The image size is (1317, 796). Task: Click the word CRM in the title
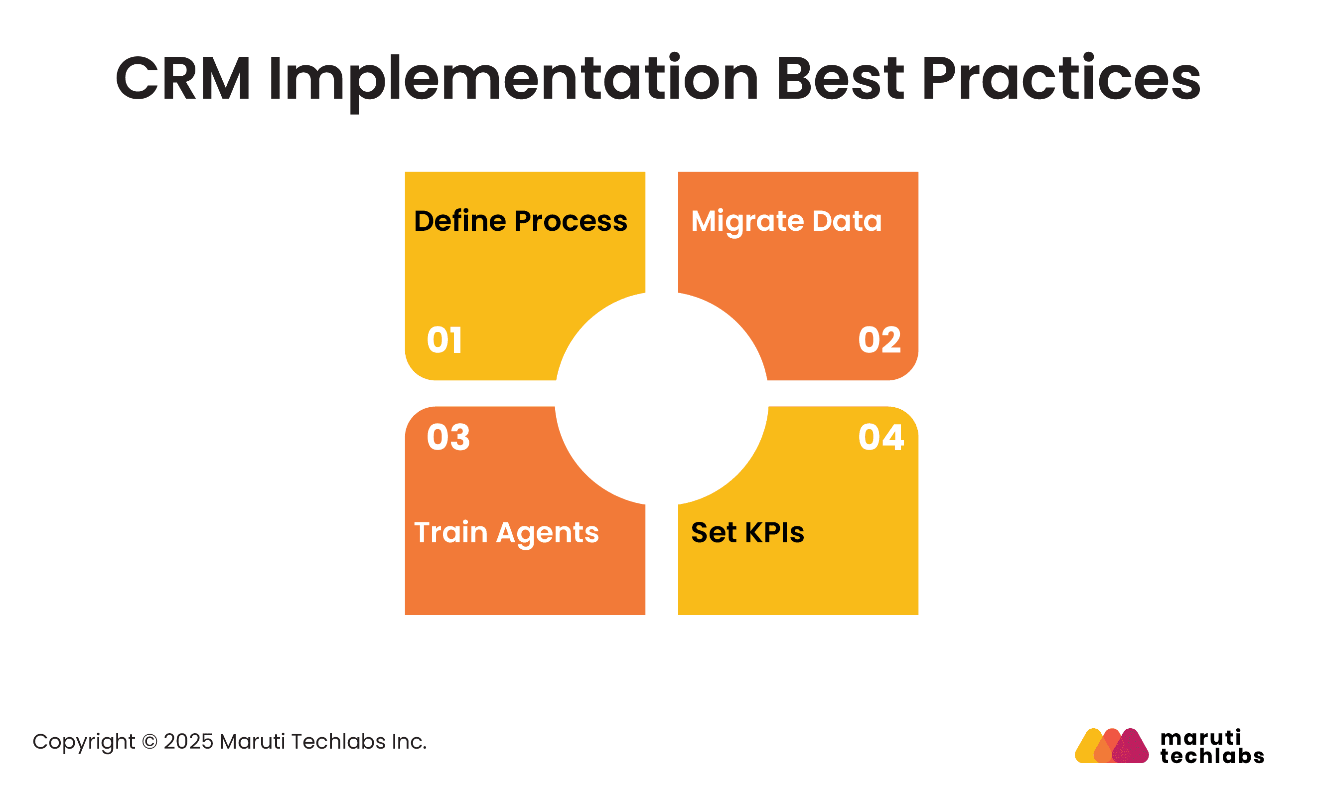click(183, 79)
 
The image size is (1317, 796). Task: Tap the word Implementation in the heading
click(513, 79)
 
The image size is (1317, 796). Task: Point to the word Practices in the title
click(1060, 79)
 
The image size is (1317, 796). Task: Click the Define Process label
click(520, 221)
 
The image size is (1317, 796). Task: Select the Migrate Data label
click(786, 221)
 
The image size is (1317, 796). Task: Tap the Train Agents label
click(506, 532)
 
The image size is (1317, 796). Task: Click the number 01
click(443, 340)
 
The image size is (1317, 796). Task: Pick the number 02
click(879, 340)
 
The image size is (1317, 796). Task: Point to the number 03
click(448, 437)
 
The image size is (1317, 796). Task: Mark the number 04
click(881, 437)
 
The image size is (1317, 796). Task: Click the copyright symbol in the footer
click(149, 742)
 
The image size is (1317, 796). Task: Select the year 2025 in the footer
click(188, 742)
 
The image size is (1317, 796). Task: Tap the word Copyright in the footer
click(83, 742)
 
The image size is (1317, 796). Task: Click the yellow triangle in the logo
click(1090, 749)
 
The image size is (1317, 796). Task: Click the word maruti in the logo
click(1200, 738)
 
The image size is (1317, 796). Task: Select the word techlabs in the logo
click(1212, 756)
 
